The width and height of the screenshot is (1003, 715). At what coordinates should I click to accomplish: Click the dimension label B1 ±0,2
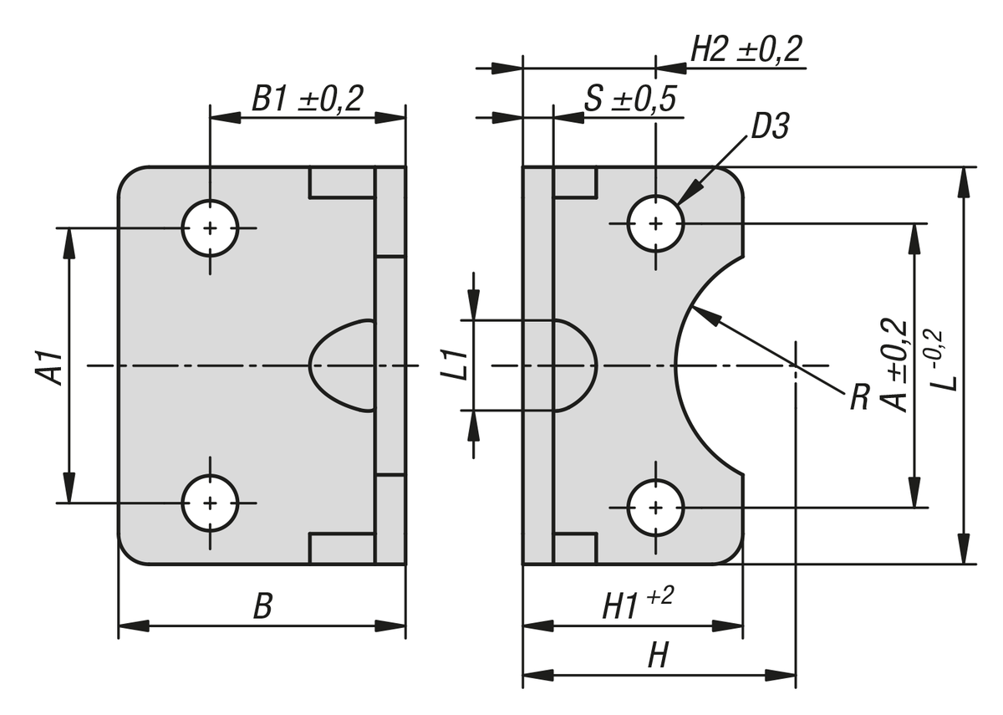click(x=308, y=100)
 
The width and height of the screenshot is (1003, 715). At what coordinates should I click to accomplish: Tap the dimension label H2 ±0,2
click(x=746, y=50)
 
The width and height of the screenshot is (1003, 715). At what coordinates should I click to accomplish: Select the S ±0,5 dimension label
click(x=630, y=100)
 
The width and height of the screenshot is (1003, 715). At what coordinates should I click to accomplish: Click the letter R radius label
click(x=858, y=398)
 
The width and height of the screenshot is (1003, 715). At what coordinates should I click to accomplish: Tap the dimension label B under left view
click(x=262, y=607)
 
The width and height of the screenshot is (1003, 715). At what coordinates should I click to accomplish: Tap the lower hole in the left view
click(x=210, y=503)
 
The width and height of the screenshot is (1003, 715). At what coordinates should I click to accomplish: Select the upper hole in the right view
click(x=656, y=223)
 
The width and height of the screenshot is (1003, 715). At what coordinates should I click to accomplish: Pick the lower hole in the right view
click(x=656, y=508)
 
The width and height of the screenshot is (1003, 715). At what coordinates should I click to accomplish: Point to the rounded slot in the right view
click(x=573, y=365)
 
